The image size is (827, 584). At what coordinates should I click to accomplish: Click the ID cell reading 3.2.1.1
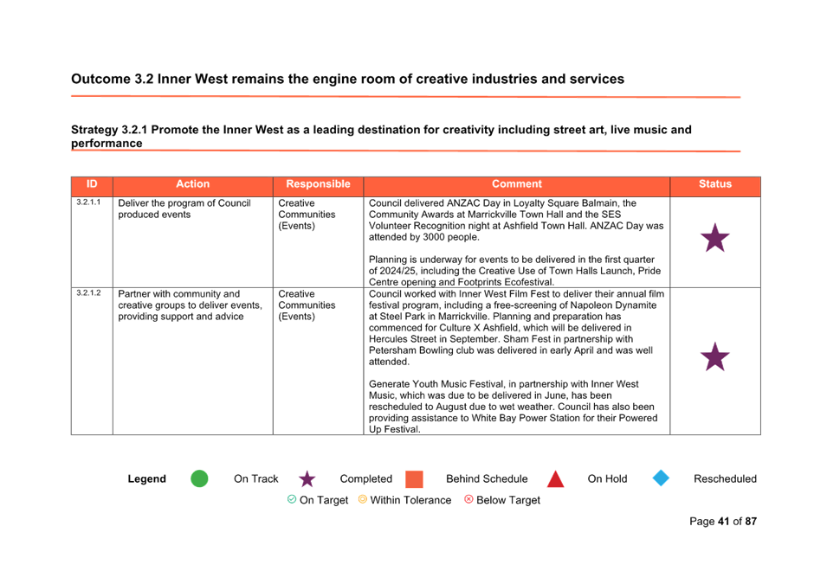click(x=88, y=202)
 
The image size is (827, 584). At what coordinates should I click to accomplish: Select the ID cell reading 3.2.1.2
click(x=88, y=292)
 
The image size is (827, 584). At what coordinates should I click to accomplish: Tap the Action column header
click(x=192, y=184)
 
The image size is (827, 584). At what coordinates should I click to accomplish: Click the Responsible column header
click(x=318, y=184)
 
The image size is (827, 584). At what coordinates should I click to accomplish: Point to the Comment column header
click(x=517, y=184)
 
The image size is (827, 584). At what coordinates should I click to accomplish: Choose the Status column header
click(x=715, y=184)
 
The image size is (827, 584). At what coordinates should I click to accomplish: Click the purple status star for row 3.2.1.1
click(x=715, y=238)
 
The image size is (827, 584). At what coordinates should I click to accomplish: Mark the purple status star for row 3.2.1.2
click(x=715, y=356)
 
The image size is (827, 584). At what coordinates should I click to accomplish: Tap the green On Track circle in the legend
click(x=199, y=478)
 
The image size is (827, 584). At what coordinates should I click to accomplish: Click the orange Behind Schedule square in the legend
click(x=415, y=479)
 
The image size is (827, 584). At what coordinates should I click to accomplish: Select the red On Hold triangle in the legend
click(x=555, y=479)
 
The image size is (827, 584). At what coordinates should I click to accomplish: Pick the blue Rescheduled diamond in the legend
click(x=661, y=478)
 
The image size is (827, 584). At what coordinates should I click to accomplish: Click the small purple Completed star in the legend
click(x=307, y=479)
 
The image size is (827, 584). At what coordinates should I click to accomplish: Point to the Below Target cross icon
click(x=468, y=499)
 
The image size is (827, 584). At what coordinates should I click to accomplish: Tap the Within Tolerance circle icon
click(x=362, y=499)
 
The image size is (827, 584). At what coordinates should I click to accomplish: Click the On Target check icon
click(x=292, y=499)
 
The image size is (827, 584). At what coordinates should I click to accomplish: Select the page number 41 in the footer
click(x=723, y=522)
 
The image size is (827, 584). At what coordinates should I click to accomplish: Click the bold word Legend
click(x=146, y=479)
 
